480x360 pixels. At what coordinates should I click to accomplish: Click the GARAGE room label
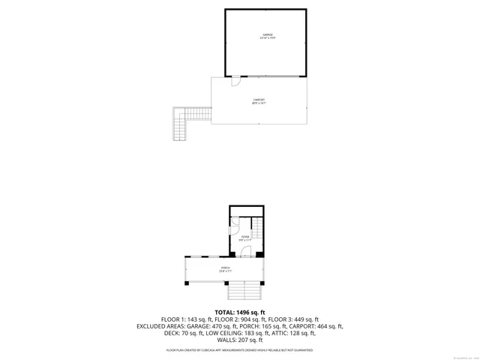(266, 35)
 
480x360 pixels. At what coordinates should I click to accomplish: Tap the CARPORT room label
(259, 100)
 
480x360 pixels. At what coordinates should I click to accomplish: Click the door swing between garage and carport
(235, 81)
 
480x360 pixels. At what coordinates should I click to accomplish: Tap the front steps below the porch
(246, 291)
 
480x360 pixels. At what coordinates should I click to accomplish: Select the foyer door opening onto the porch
(245, 253)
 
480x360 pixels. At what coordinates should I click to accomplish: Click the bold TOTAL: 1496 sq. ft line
(240, 312)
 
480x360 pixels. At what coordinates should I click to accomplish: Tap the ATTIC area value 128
(295, 333)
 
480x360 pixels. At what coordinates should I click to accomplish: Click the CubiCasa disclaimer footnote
(240, 350)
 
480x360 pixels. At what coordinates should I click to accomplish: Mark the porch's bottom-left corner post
(187, 283)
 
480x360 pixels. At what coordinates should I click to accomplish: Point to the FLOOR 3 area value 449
(300, 319)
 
